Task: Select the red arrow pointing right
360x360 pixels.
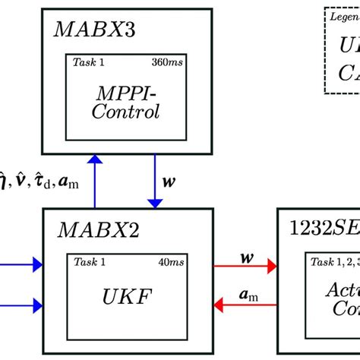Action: point(244,266)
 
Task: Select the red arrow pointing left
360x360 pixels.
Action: point(244,305)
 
